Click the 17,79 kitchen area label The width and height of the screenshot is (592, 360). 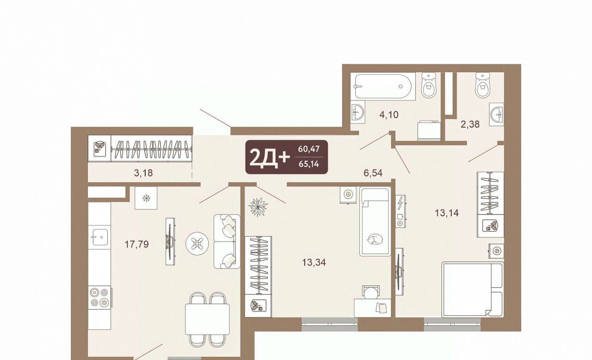pyautogui.click(x=136, y=244)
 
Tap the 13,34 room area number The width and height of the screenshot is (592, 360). pyautogui.click(x=314, y=262)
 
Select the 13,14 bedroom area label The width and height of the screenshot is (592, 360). pyautogui.click(x=447, y=213)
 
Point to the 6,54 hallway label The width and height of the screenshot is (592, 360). pyautogui.click(x=373, y=173)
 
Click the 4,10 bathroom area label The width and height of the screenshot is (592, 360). pyautogui.click(x=389, y=115)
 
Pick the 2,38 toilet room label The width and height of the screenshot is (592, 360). pyautogui.click(x=470, y=124)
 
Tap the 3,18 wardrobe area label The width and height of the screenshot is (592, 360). pyautogui.click(x=143, y=173)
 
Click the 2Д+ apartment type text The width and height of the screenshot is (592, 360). pyautogui.click(x=269, y=158)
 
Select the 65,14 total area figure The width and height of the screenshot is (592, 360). pyautogui.click(x=309, y=164)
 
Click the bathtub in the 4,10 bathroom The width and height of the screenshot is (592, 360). pyautogui.click(x=383, y=86)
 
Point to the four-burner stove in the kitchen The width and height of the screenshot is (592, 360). pyautogui.click(x=99, y=297)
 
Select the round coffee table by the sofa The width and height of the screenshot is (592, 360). pyautogui.click(x=197, y=243)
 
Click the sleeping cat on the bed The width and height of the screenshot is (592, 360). pyautogui.click(x=375, y=239)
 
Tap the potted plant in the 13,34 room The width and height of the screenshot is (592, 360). pyautogui.click(x=258, y=207)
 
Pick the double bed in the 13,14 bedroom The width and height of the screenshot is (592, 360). pyautogui.click(x=473, y=289)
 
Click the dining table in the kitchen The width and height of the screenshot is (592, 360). pyautogui.click(x=207, y=319)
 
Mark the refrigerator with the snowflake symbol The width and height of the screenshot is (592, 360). pyautogui.click(x=146, y=198)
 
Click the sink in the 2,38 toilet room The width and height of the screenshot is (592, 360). pyautogui.click(x=497, y=114)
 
